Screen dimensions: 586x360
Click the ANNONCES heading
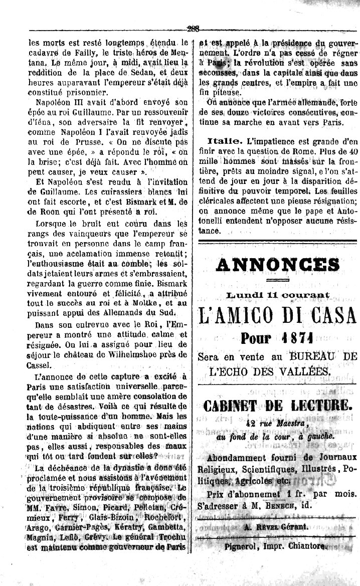pos(278,264)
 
